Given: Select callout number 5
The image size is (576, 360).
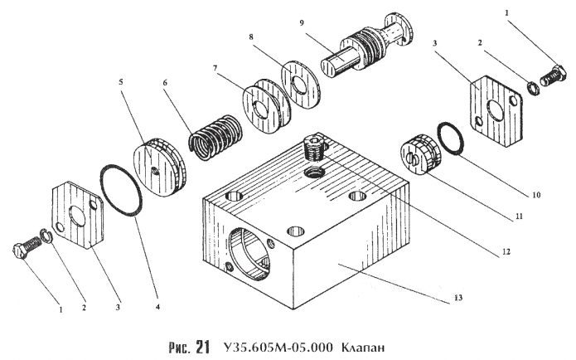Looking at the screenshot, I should pyautogui.click(x=121, y=84).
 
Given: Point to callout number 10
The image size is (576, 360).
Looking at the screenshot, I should pyautogui.click(x=537, y=197).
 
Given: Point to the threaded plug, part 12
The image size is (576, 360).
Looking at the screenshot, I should pyautogui.click(x=313, y=148).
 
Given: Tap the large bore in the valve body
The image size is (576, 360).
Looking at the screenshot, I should pyautogui.click(x=251, y=250).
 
